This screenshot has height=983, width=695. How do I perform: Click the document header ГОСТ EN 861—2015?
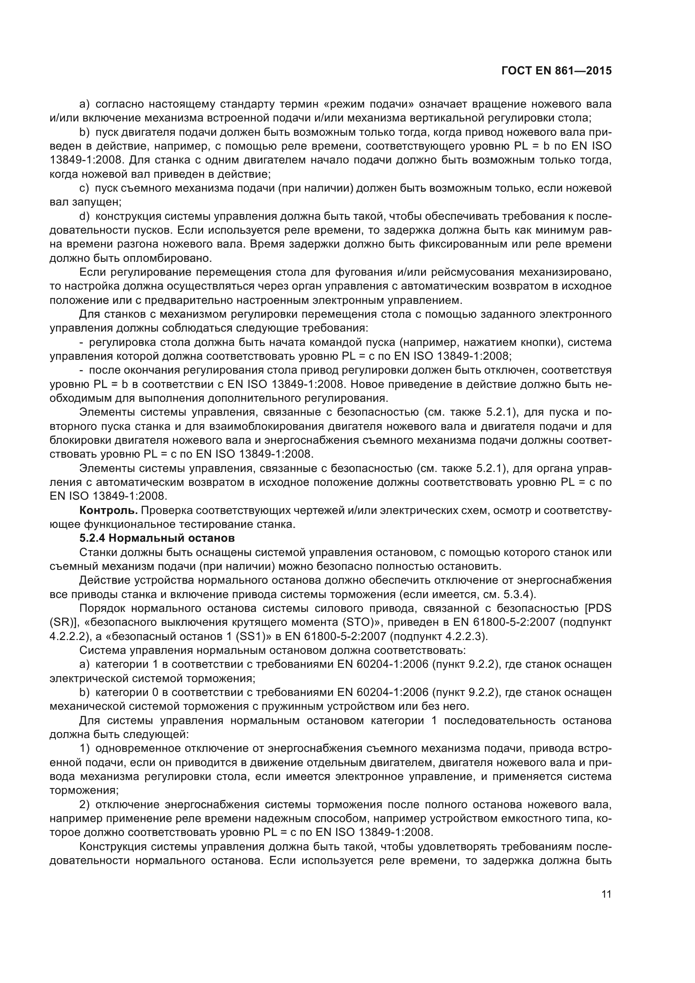[556, 71]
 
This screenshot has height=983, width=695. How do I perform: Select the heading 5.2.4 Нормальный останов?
[157, 538]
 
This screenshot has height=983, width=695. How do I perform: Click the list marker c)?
[84, 188]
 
